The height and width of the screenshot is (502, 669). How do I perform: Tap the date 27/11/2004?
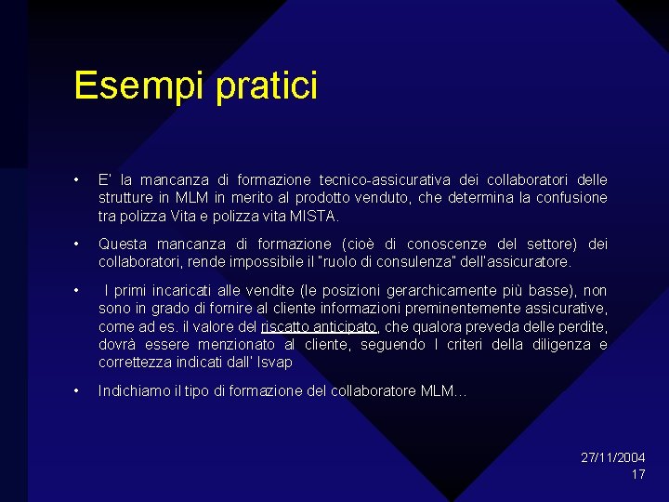point(613,457)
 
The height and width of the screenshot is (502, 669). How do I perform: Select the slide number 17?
point(637,474)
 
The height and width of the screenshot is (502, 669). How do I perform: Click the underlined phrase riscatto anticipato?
point(320,326)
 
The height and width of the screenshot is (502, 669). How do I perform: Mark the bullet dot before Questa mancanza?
point(77,244)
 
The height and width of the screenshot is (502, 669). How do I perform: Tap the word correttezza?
point(133,363)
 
